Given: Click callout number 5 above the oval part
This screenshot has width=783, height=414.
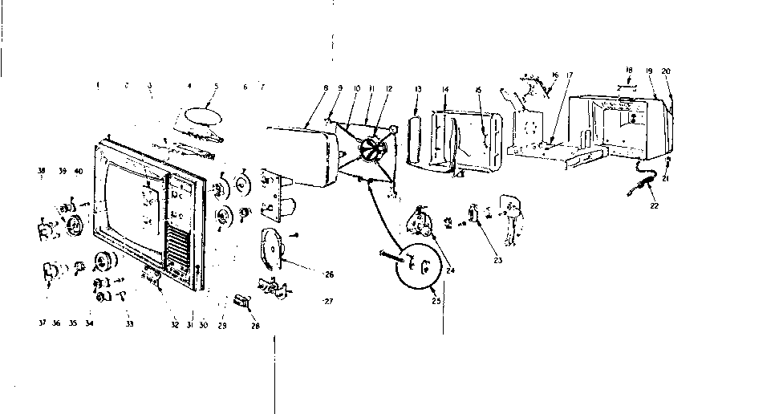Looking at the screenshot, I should (216, 86).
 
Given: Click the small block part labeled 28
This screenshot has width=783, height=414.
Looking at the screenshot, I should (241, 301).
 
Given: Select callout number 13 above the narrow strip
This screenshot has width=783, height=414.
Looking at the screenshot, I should (418, 88).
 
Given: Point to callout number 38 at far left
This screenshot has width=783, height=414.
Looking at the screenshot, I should (41, 171).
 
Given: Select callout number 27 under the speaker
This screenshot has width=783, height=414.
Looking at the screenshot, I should (327, 302).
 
